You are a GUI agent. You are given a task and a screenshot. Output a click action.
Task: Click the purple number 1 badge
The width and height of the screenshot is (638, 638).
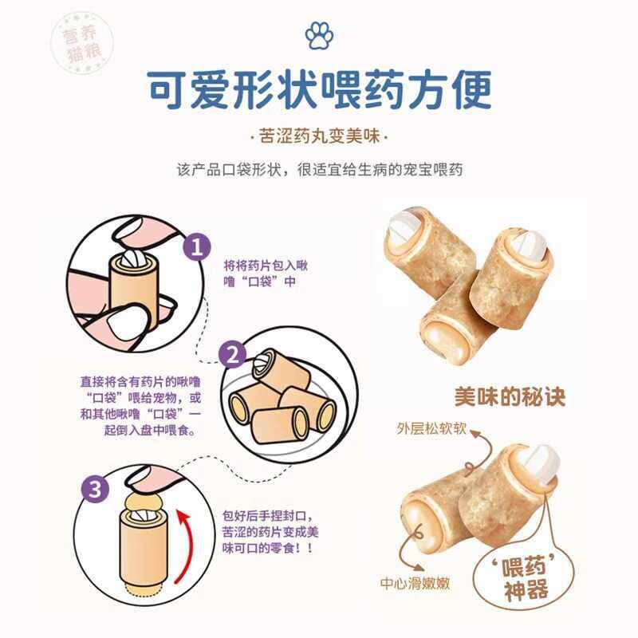[196, 247]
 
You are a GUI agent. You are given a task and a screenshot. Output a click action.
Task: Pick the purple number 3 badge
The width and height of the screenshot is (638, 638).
[96, 490]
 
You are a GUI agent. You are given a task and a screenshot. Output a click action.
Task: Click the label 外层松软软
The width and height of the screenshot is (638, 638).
[431, 430]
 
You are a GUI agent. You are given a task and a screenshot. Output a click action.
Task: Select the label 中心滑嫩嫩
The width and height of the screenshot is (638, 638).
[416, 583]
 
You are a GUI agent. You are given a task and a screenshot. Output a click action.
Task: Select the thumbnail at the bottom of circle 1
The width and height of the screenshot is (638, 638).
[129, 322]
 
